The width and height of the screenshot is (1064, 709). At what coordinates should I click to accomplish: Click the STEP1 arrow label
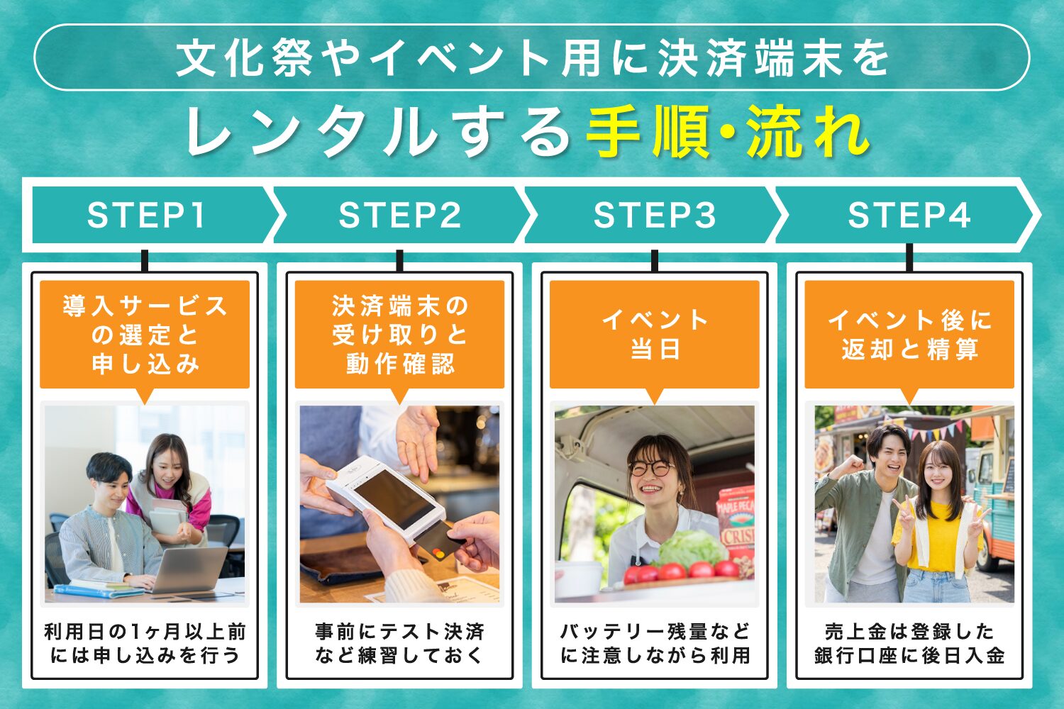coord(146,215)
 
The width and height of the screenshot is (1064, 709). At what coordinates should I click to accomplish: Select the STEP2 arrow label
coord(400,215)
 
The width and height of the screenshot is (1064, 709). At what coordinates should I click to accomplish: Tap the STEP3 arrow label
coord(654,215)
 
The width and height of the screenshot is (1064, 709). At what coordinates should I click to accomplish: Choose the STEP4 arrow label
coord(909,215)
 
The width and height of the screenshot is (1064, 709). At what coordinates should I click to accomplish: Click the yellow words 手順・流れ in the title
coord(727,132)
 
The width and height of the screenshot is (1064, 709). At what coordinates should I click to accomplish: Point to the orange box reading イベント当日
coord(654,334)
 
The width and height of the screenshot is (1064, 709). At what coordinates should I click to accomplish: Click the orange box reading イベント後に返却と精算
coord(909,334)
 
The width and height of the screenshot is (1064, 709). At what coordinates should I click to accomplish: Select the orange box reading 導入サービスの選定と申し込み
coord(145,334)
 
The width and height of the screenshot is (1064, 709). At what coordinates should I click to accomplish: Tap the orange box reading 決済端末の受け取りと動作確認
coord(399,334)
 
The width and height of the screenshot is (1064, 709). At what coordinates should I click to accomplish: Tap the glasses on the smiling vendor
coord(650,469)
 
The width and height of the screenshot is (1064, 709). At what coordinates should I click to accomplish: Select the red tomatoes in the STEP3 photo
coord(681,571)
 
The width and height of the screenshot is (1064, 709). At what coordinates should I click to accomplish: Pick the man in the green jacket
coord(865,518)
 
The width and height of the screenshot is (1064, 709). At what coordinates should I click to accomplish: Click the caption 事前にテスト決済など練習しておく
coord(399,643)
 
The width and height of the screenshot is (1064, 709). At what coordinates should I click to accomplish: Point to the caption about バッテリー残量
coord(654,643)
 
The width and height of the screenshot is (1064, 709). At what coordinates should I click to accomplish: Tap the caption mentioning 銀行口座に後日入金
coord(909,643)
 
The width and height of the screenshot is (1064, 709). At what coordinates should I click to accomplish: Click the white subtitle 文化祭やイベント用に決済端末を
coord(532,57)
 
